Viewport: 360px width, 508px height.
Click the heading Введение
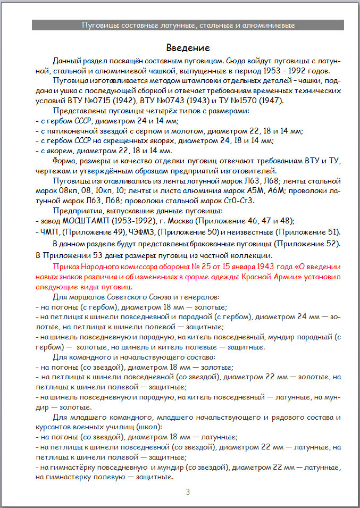tap(188, 48)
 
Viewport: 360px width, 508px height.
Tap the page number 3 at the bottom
tap(188, 492)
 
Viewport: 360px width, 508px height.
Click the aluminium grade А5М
tap(258, 190)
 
